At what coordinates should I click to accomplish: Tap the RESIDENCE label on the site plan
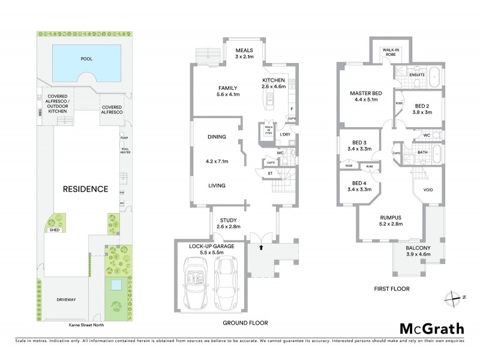pos(86,188)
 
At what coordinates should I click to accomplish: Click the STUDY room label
pos(229,223)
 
